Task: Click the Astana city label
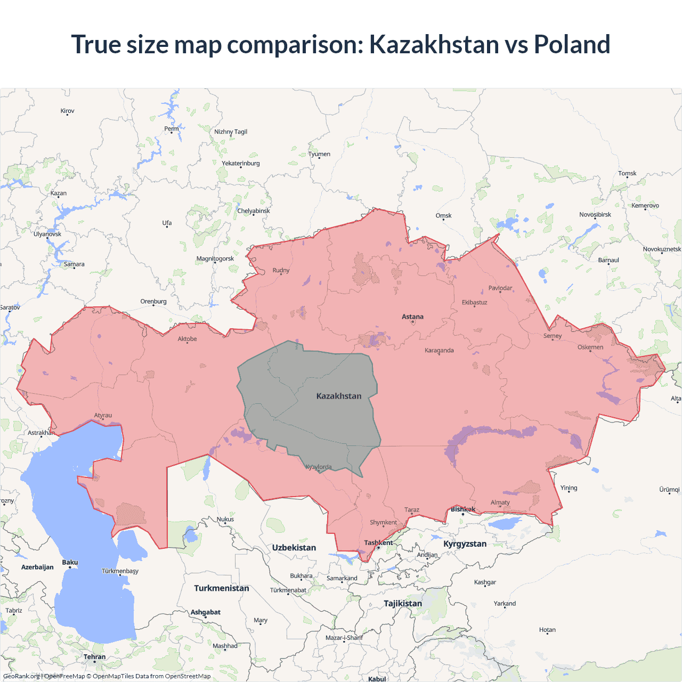(x=412, y=316)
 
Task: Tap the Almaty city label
(x=500, y=502)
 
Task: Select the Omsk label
(x=443, y=216)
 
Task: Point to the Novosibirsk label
(x=595, y=215)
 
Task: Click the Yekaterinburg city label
(x=241, y=164)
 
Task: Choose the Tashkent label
(x=378, y=543)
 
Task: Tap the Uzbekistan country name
(x=294, y=548)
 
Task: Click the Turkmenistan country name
(x=221, y=588)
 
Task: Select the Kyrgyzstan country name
(x=465, y=544)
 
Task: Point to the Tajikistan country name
(x=403, y=604)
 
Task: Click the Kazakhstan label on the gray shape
(x=339, y=396)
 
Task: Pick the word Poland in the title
(x=572, y=44)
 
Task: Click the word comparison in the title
(x=295, y=44)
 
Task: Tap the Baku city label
(x=70, y=563)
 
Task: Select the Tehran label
(x=94, y=657)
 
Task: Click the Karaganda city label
(x=439, y=351)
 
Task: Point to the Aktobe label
(x=187, y=339)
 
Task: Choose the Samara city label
(x=74, y=264)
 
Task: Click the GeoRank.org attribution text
(x=21, y=676)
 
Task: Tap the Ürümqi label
(x=669, y=490)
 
